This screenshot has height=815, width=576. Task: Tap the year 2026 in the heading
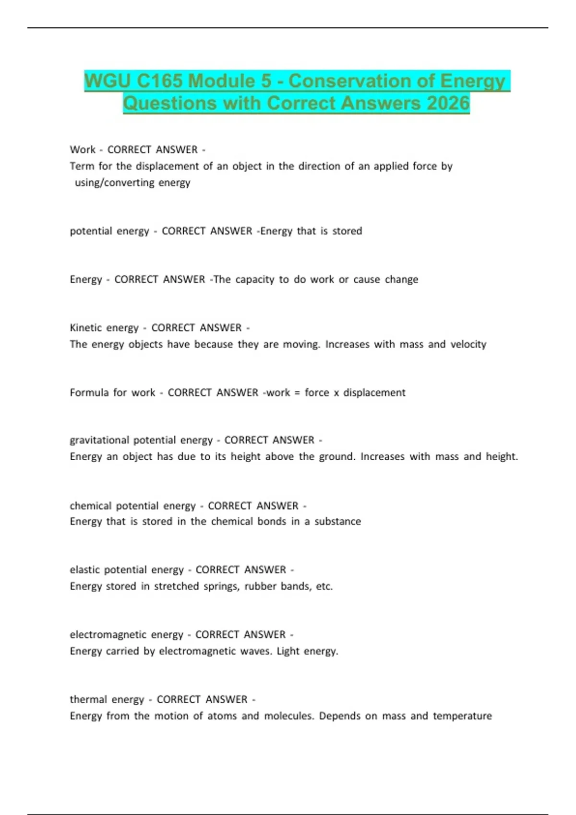(x=448, y=103)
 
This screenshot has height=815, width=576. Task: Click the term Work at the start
(x=83, y=150)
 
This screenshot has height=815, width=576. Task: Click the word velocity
(x=468, y=344)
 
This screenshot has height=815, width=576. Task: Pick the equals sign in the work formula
(x=297, y=393)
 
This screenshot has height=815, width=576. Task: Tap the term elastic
(x=84, y=570)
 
